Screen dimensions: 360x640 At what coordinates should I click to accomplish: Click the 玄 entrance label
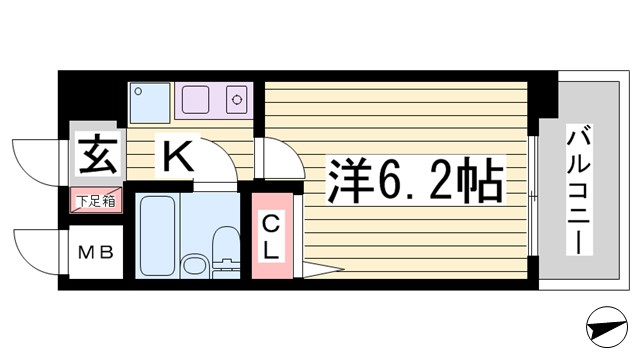(x=94, y=156)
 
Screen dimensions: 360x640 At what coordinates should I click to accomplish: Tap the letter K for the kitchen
(x=178, y=156)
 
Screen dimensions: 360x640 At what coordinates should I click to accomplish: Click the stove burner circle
(x=238, y=100)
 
